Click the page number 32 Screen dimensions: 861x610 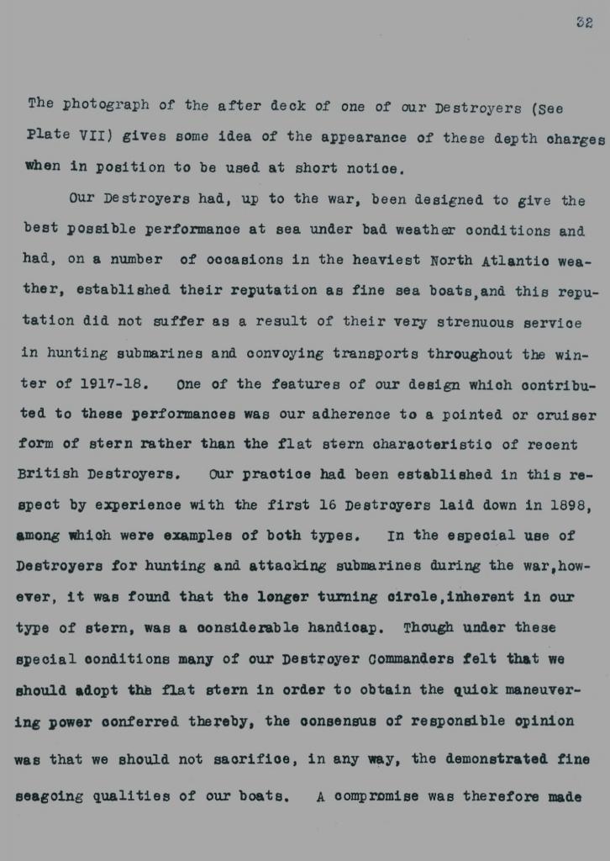(584, 23)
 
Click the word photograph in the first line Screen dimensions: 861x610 (108, 105)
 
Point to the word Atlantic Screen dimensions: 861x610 (514, 261)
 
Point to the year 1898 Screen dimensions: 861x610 (568, 505)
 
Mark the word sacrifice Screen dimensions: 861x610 (253, 760)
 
